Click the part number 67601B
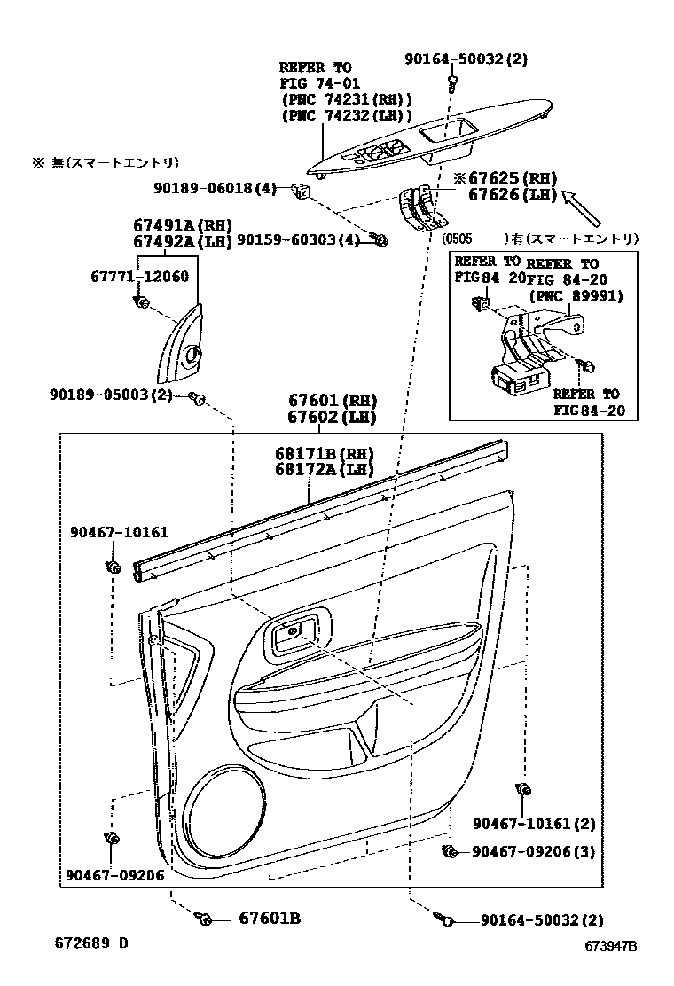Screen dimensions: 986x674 [x=269, y=919]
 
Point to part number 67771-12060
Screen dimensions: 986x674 [x=139, y=277]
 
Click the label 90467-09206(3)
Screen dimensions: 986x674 [x=533, y=851]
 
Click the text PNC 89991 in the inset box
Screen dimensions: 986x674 [x=576, y=296]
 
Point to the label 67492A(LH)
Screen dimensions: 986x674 [x=182, y=241]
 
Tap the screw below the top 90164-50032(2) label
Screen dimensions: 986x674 [x=453, y=82]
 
